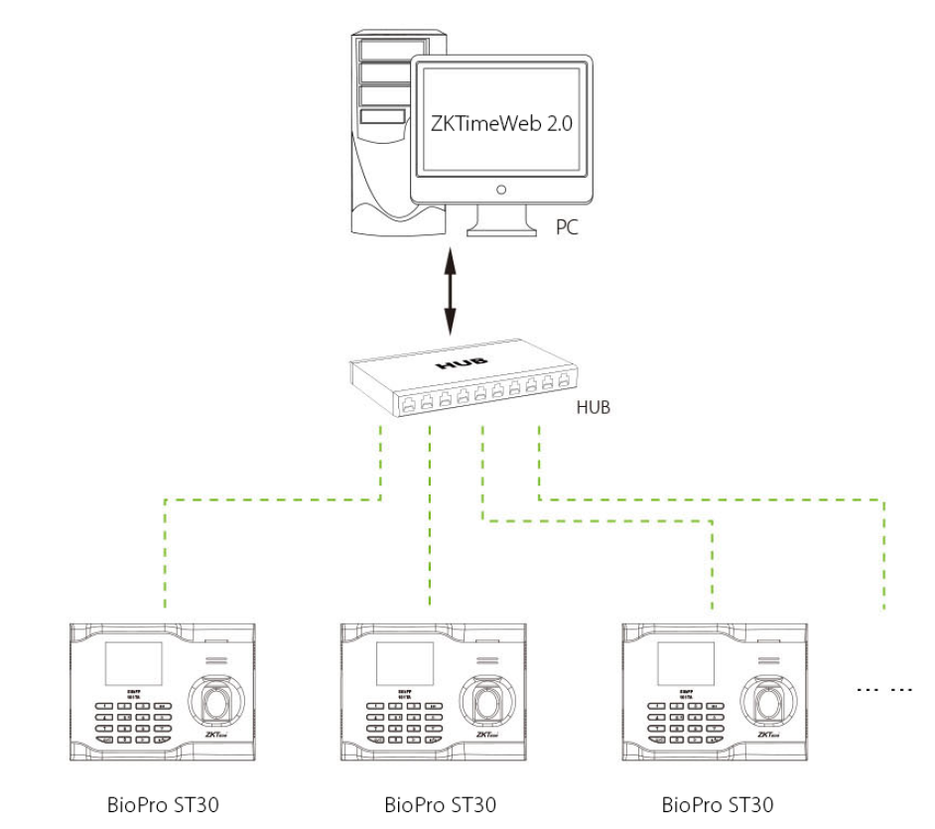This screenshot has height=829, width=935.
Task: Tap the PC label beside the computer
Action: tap(567, 227)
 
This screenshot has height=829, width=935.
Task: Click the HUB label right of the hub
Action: tap(594, 407)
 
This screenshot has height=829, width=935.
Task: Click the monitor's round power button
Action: tap(502, 189)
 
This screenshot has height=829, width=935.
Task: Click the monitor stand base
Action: tap(503, 227)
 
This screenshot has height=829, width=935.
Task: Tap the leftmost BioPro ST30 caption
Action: tap(163, 803)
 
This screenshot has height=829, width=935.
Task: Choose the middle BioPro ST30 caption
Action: tap(440, 803)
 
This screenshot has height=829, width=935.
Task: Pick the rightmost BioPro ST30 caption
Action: tap(717, 803)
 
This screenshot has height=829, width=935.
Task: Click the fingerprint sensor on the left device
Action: tap(216, 700)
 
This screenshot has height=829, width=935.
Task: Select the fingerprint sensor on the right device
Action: tap(768, 700)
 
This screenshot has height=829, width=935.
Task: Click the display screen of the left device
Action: tap(134, 662)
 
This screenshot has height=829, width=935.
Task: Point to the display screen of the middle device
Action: tap(405, 662)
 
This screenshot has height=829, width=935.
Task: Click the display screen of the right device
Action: tap(686, 662)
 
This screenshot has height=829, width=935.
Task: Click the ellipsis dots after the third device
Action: tap(886, 688)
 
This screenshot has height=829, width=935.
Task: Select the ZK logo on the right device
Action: tap(766, 736)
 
